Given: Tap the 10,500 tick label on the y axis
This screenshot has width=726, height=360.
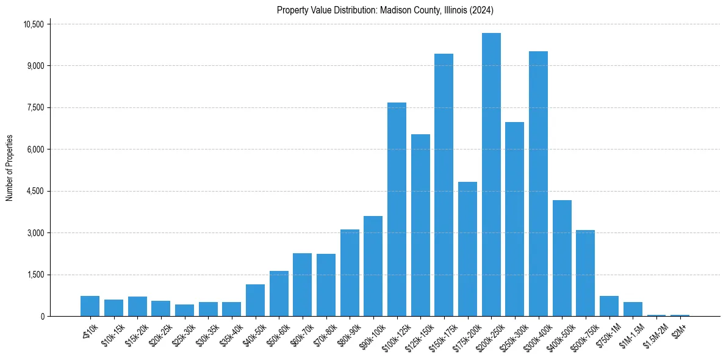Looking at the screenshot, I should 34,24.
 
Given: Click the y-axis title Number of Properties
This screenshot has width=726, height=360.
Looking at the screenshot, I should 10,168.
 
